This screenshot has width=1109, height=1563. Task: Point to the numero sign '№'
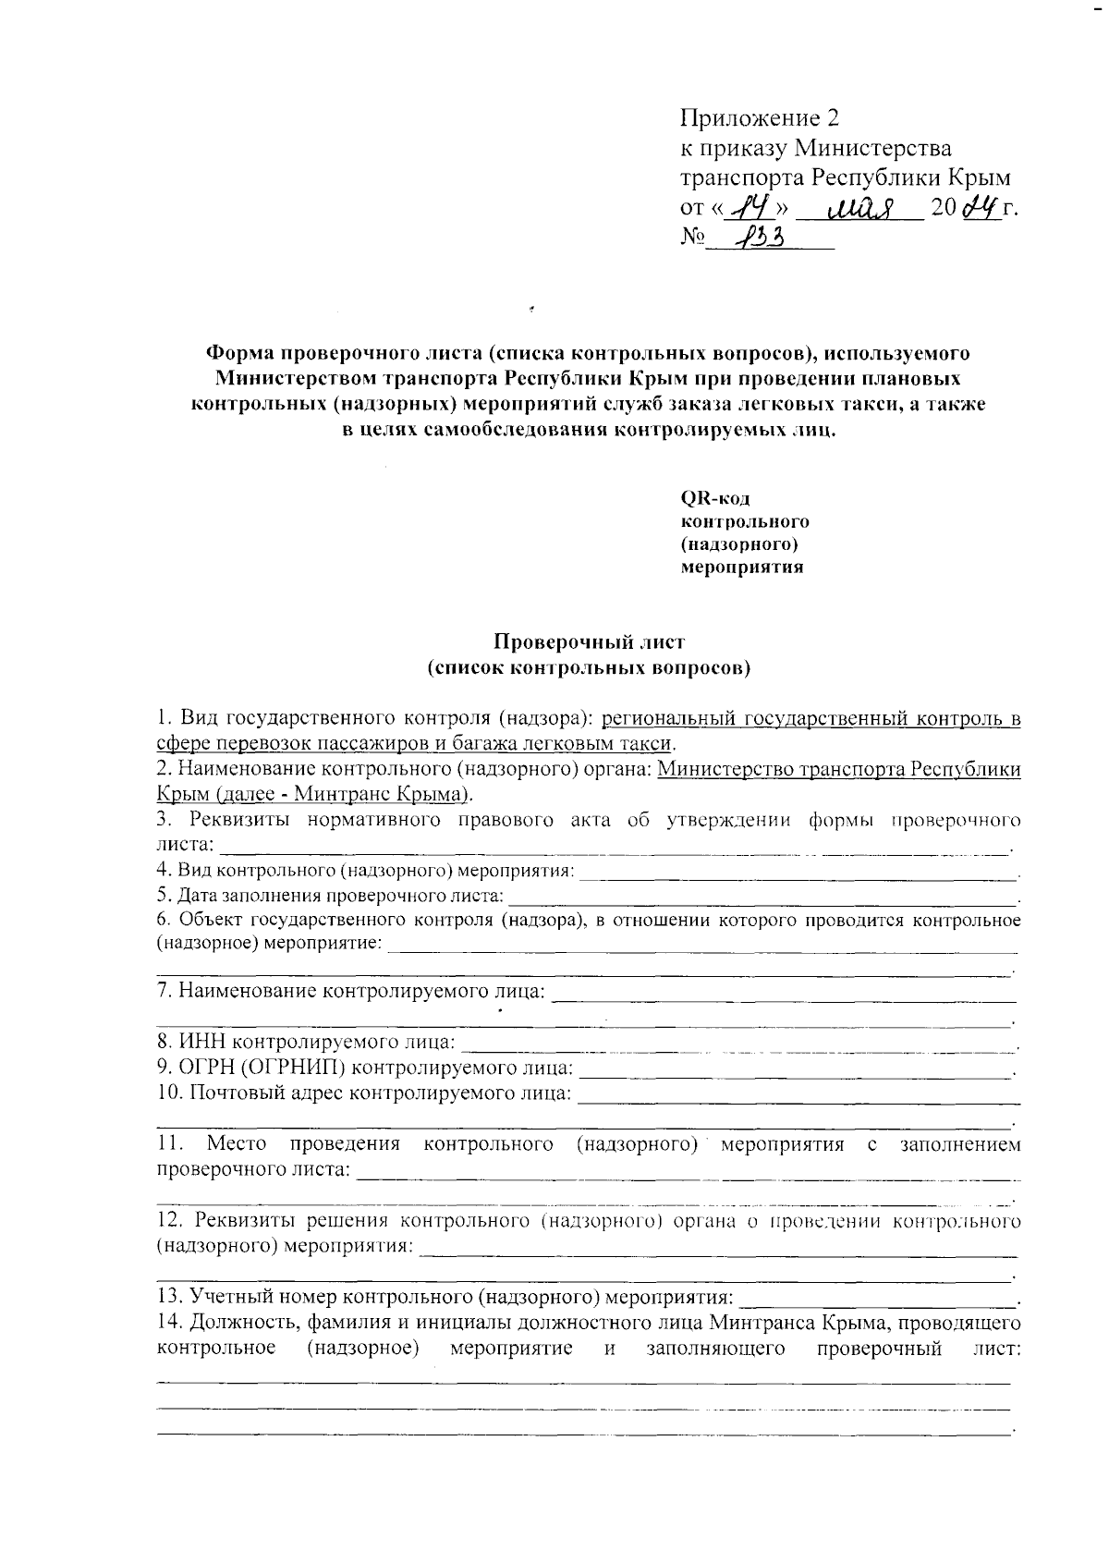693,238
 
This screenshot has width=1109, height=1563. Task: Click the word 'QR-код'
714,498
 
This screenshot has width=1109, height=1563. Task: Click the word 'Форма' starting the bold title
239,353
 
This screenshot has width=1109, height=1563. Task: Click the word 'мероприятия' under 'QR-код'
742,568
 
